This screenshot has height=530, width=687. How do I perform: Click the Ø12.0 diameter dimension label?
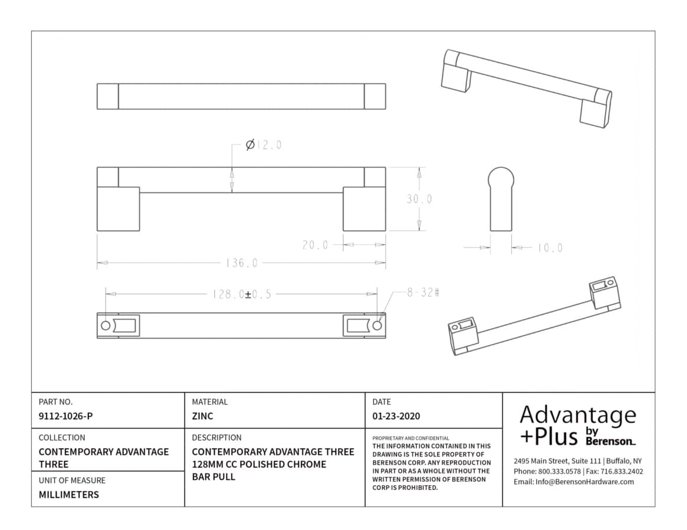pos(264,144)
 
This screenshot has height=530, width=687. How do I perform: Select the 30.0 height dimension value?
pos(419,199)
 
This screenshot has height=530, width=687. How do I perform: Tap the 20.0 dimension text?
pos(315,245)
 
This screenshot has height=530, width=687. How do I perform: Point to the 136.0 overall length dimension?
pos(241,263)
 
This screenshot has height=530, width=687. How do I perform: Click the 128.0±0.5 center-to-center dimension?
pos(241,294)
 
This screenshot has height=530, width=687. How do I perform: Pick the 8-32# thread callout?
pos(423,292)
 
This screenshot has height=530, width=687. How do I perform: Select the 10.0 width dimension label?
pos(550,248)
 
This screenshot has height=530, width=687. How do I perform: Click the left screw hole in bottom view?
pos(106,326)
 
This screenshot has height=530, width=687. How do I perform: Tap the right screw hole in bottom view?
pos(377,326)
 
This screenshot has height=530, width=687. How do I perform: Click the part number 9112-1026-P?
pos(65,416)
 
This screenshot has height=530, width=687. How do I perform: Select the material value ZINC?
pos(202,416)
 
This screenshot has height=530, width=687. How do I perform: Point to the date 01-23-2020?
pos(396,416)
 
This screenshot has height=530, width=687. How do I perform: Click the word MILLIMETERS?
pos(69,495)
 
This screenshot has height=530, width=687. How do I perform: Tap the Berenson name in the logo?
pos(610,441)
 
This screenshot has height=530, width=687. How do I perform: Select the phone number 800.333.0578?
pos(559,471)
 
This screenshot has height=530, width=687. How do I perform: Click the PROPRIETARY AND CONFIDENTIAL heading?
pos(410,438)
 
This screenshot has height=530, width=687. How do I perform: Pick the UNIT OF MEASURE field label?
pos(72,481)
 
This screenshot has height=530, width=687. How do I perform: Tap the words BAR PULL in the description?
pos(213,477)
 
